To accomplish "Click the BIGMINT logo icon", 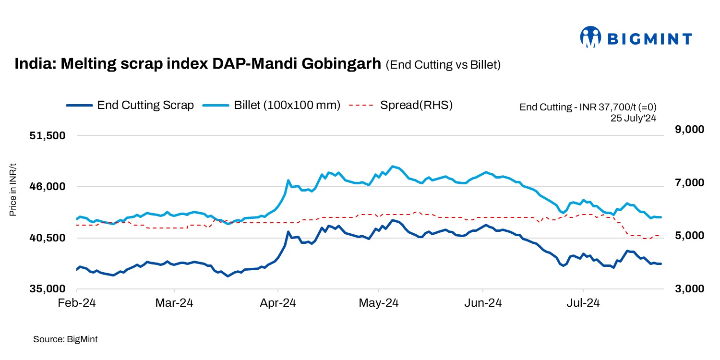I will click(591, 37).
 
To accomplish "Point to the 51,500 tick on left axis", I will click(47, 135).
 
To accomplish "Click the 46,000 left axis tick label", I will click(47, 187).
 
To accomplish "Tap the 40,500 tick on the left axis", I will click(47, 238).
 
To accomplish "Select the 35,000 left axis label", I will click(47, 289).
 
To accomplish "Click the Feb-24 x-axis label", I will click(77, 303).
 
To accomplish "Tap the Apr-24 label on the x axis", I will click(278, 303).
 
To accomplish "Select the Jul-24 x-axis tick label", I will click(583, 303).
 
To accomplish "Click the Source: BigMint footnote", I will click(65, 339).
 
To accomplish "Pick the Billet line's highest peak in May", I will click(393, 166).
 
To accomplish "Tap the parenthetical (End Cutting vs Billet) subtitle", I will click(443, 65).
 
